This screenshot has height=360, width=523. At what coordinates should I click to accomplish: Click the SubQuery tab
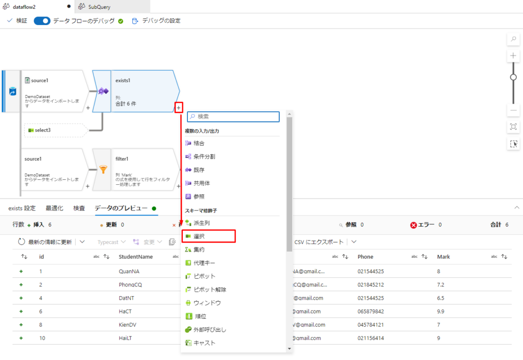(100, 7)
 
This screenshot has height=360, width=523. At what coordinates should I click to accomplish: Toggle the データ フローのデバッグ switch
(42, 21)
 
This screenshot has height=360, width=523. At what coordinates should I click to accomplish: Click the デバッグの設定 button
(156, 21)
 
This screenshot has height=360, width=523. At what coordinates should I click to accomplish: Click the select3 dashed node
(53, 130)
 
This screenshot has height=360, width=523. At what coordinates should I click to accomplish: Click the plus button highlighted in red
(178, 108)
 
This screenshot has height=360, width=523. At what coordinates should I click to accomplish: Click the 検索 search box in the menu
(233, 116)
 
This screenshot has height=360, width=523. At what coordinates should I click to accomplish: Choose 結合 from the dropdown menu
(199, 143)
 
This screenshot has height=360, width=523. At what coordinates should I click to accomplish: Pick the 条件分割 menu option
(204, 157)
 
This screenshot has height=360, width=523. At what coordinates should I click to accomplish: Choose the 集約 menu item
(199, 250)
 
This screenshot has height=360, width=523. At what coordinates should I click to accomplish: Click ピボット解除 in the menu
(209, 290)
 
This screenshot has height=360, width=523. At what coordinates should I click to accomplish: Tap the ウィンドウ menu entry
(207, 303)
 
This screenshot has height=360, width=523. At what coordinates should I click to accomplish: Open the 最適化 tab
(55, 208)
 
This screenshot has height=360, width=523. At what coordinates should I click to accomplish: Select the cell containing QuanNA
(130, 272)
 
